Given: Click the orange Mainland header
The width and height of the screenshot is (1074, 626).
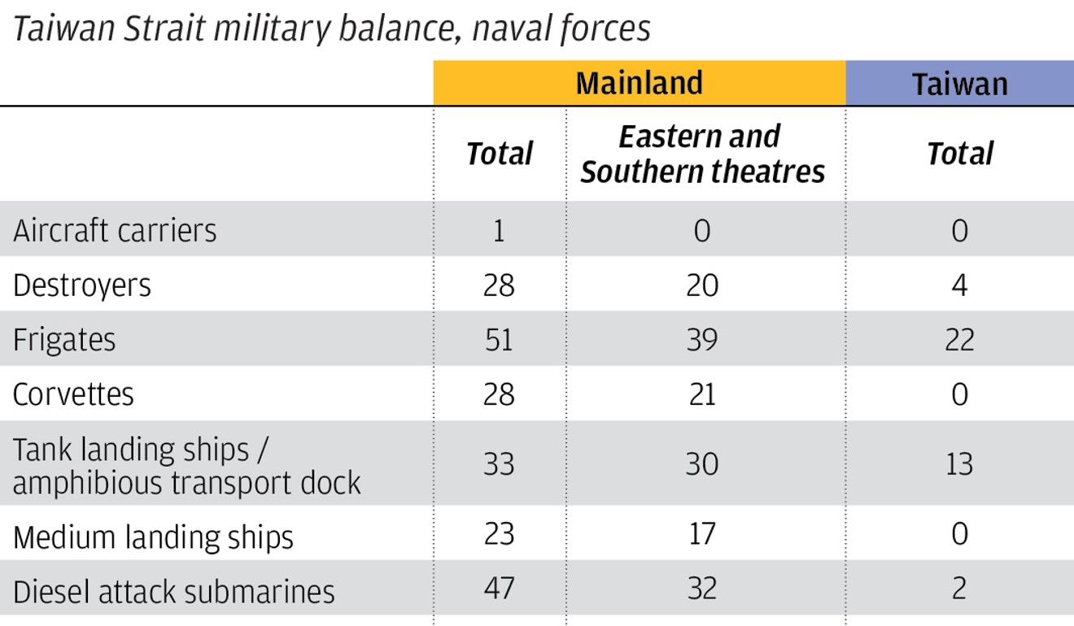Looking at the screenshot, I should pos(640,84).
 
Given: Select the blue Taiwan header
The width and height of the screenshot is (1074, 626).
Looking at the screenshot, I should pos(959,84).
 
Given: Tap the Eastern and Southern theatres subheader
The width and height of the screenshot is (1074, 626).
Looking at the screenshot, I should pos(702,154).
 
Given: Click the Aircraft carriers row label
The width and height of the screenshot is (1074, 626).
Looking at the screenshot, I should pos(115,231).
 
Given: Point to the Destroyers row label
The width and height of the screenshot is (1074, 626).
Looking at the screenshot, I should pos(82,286).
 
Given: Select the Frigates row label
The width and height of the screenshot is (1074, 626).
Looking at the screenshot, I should pos(64,340).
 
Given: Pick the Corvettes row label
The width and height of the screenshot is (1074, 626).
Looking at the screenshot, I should pos(73,394).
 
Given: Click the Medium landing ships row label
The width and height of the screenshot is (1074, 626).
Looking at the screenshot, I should pos(153,537).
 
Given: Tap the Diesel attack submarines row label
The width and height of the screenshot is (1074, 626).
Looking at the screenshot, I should pos(173,591).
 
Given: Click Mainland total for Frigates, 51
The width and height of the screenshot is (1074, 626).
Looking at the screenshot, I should pos(498,340).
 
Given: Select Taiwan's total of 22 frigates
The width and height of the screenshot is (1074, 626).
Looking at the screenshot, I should pos(959,340).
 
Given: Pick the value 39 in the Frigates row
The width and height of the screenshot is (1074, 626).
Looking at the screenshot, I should pos(701,340).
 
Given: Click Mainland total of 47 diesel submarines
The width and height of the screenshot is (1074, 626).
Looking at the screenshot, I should pos(498,588).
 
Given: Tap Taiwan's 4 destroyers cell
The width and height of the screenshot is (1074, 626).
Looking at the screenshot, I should pos(959,285).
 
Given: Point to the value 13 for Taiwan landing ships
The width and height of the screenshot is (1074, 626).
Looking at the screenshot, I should pos(959,464).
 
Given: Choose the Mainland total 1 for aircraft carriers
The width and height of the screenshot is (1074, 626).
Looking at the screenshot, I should pos(498,231).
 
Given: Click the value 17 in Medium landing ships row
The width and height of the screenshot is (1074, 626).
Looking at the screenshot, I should pos(701,534).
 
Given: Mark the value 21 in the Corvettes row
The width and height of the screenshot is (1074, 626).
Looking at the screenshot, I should pos(701,394).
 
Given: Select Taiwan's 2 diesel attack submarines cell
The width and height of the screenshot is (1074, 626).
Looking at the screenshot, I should pos(959,588).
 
